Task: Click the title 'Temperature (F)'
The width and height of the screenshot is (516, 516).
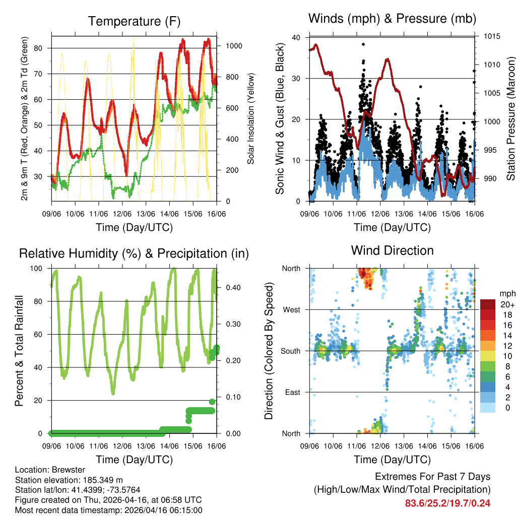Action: click(134, 21)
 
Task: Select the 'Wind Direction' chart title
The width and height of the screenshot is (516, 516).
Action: click(392, 250)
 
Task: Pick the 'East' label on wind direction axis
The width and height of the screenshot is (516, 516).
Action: click(292, 392)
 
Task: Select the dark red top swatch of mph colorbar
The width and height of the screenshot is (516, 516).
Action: click(488, 304)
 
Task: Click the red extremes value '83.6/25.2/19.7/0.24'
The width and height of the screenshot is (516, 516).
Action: click(447, 503)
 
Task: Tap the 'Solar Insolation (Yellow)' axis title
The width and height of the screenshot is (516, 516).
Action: click(250, 118)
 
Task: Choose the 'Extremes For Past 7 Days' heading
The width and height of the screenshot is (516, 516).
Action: click(432, 477)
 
